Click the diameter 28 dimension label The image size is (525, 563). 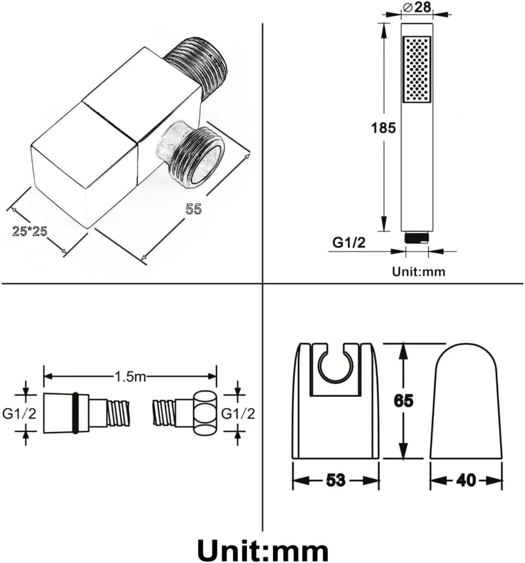coord(417,7)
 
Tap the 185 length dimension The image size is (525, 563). coord(383,128)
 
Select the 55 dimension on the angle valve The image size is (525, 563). coord(193,209)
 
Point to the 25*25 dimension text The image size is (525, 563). coord(30,231)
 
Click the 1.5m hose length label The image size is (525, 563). coord(130,377)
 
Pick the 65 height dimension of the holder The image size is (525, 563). coord(404,401)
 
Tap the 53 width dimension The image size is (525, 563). coord(336,480)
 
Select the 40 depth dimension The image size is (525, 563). coord(466,480)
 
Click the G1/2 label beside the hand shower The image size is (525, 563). coord(348,243)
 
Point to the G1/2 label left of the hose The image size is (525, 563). coord(20,414)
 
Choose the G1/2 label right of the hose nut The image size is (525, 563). coord(238,414)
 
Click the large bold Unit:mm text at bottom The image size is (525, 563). coord(262,550)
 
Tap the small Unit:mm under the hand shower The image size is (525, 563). coord(418,271)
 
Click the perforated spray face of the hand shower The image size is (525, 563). coord(417,69)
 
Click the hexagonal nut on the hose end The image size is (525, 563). coord(205,413)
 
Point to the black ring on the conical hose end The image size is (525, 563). coord(76,413)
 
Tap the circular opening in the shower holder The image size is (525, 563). coord(336,365)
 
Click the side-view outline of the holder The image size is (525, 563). coord(466,401)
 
